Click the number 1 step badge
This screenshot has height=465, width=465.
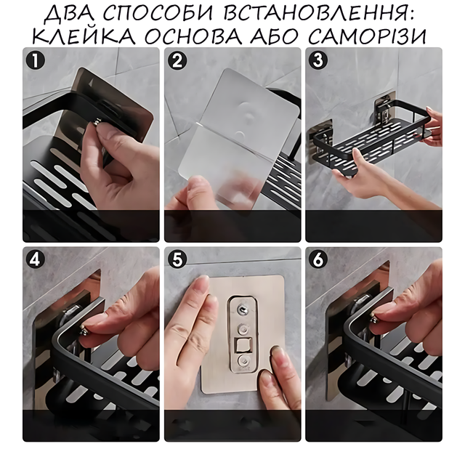pos(35,60)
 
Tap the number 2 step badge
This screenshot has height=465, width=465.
pos(177,61)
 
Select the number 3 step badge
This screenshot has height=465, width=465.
pos(318,60)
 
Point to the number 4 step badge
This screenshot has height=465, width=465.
pos(35,260)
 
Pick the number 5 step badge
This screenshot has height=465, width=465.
pos(177,260)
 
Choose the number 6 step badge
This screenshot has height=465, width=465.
pos(318,260)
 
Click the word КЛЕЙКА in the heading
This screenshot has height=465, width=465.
pos(84,36)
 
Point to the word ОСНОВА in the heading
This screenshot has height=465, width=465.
pos(192,36)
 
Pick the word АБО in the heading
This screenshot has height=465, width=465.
pos(273,36)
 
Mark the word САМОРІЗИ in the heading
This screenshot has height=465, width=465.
pos(367,36)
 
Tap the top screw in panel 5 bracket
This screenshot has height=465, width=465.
pos(243,310)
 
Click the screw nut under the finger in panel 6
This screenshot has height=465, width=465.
pos(374,317)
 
